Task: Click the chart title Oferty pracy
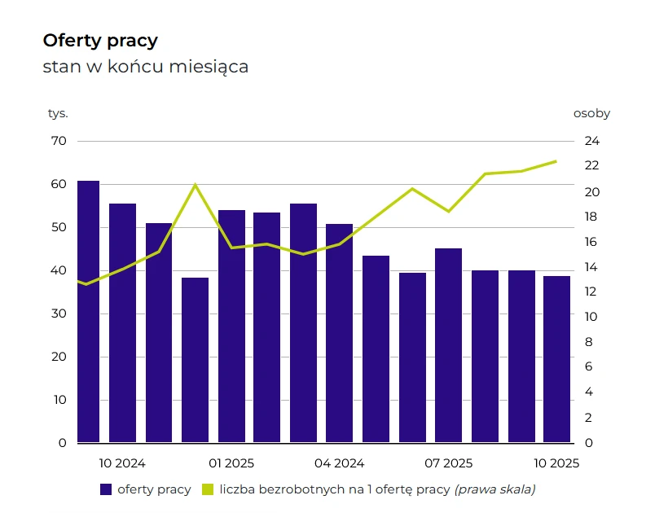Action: click(x=100, y=41)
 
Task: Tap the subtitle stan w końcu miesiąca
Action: click(x=145, y=67)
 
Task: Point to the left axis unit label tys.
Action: click(x=58, y=113)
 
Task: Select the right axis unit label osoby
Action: click(x=591, y=113)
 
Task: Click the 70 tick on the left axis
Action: click(x=59, y=141)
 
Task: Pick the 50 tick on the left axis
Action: click(x=59, y=227)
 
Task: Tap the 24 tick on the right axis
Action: click(x=591, y=141)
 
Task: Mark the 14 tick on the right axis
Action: click(x=591, y=267)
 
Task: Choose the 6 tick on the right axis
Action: click(x=588, y=367)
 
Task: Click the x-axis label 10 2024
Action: click(x=122, y=463)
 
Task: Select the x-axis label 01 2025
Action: click(x=231, y=463)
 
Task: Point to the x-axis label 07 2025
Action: click(x=448, y=463)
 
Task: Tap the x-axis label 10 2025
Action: click(x=556, y=463)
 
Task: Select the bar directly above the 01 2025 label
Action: click(x=231, y=327)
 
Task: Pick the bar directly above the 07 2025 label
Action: click(x=448, y=345)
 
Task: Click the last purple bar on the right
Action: click(x=556, y=359)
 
